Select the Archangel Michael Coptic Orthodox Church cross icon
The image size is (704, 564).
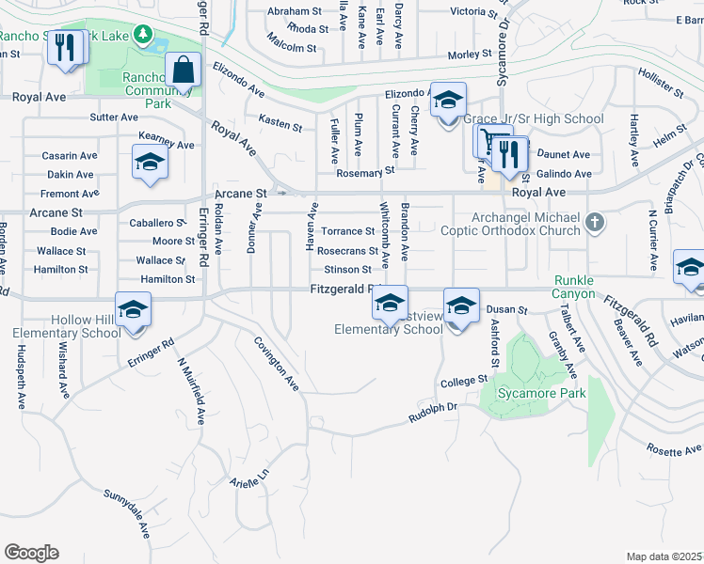tap(593, 223)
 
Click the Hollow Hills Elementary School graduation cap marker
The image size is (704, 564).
tap(134, 310)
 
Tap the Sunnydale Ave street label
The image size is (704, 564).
tap(127, 512)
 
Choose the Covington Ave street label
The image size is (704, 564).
tap(277, 364)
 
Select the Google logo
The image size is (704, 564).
tap(31, 552)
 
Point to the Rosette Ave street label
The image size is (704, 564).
tap(674, 451)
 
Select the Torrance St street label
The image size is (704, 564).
tap(348, 231)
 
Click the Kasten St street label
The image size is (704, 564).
tap(280, 123)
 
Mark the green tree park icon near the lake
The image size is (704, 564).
tap(141, 36)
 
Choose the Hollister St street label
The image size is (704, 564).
tap(660, 85)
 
